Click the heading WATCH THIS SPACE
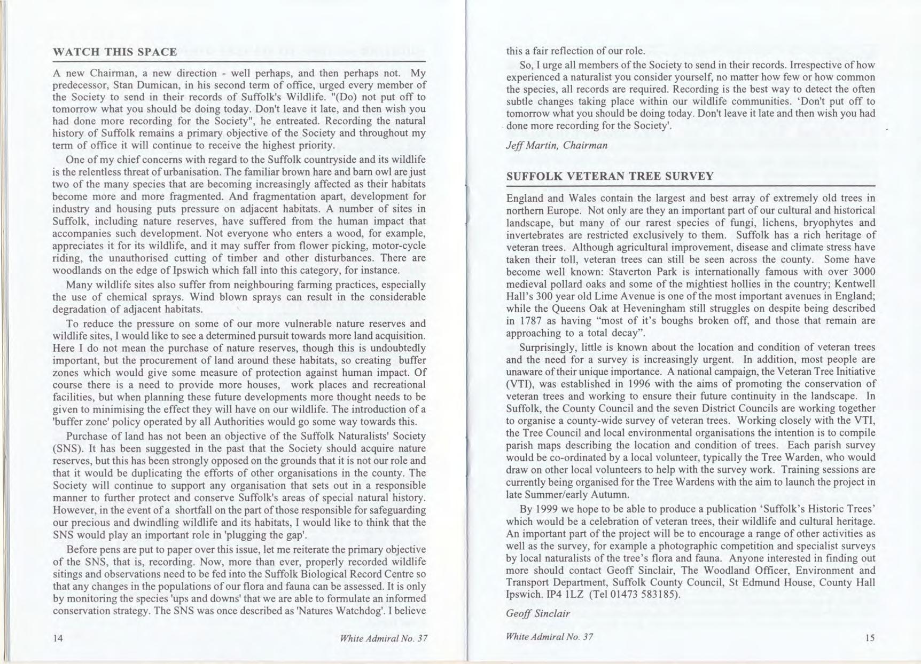(x=115, y=52)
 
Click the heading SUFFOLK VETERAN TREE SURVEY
(x=610, y=176)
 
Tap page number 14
(x=58, y=638)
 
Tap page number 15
(x=870, y=637)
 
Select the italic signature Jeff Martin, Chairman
(x=556, y=145)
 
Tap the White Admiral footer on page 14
(x=384, y=638)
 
